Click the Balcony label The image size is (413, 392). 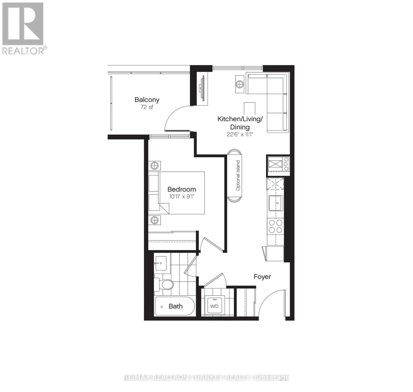(147, 100)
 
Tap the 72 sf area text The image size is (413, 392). (147, 107)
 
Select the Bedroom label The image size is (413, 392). (182, 189)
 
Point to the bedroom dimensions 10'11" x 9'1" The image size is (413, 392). (182, 196)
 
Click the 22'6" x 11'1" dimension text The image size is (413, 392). (240, 134)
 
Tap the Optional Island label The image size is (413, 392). (238, 176)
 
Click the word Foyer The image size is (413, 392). (262, 277)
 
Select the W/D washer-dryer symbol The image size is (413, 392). (214, 306)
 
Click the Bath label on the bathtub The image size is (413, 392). (176, 306)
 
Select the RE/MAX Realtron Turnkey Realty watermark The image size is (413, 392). (206, 378)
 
